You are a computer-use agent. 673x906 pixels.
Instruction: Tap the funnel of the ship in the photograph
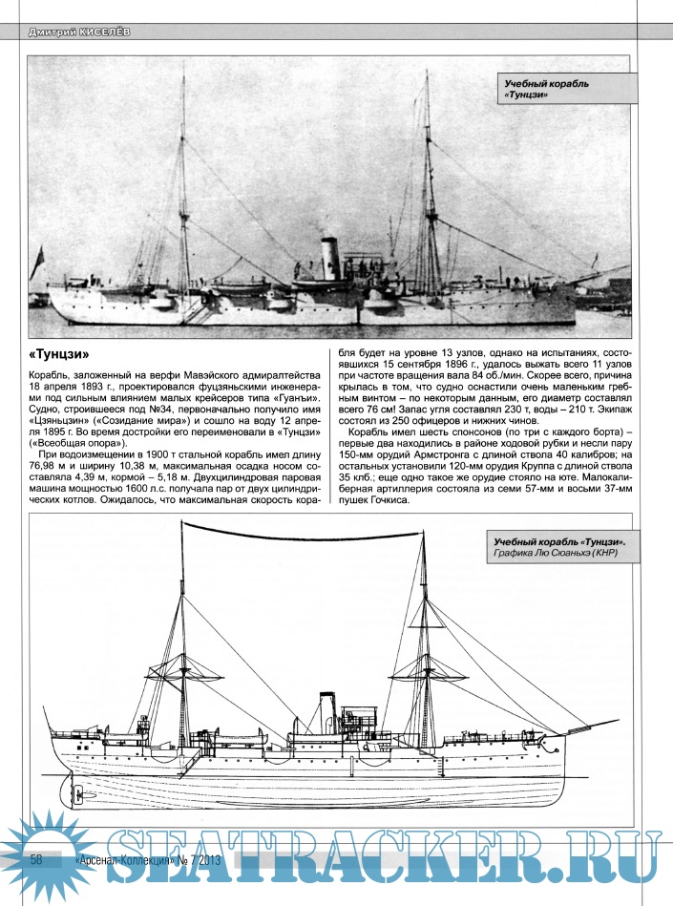[x=330, y=261]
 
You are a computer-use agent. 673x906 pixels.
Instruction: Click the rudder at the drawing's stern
[x=78, y=793]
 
